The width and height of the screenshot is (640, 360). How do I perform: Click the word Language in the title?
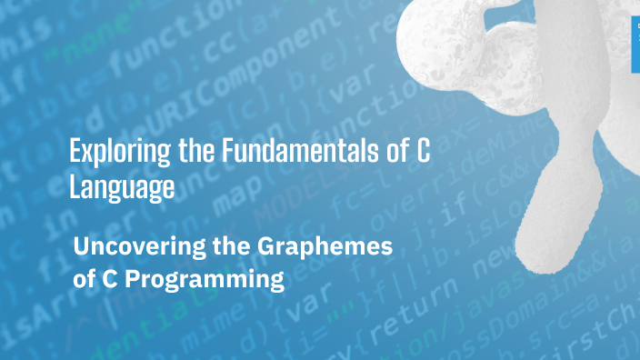[x=122, y=188]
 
